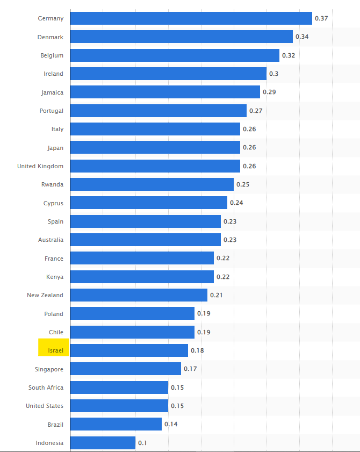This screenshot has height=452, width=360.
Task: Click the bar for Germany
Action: click(191, 18)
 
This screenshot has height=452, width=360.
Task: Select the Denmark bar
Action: click(181, 37)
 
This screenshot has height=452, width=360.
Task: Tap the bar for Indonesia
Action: click(103, 443)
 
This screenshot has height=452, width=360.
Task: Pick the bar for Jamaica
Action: click(165, 92)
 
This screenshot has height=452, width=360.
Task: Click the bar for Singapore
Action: click(125, 369)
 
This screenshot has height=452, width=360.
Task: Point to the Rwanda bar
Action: click(152, 184)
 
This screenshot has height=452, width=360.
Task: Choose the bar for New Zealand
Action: click(139, 295)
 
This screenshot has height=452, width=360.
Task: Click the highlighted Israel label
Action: click(54, 350)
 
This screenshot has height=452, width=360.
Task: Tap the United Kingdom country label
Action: click(40, 166)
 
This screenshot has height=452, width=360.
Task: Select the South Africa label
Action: click(46, 388)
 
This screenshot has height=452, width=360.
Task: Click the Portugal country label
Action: click(51, 111)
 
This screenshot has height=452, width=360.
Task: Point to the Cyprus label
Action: click(53, 203)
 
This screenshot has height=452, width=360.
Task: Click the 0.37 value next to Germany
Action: click(321, 18)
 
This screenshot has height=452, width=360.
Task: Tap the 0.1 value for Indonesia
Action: click(142, 443)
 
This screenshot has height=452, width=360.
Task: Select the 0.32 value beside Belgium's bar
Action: click(289, 55)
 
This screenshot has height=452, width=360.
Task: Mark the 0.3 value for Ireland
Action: click(273, 74)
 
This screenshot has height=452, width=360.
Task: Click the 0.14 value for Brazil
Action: click(171, 424)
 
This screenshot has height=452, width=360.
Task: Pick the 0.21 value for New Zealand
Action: click(217, 295)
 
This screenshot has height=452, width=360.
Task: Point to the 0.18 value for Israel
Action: click(197, 350)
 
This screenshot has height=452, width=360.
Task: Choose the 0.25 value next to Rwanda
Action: click(243, 184)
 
